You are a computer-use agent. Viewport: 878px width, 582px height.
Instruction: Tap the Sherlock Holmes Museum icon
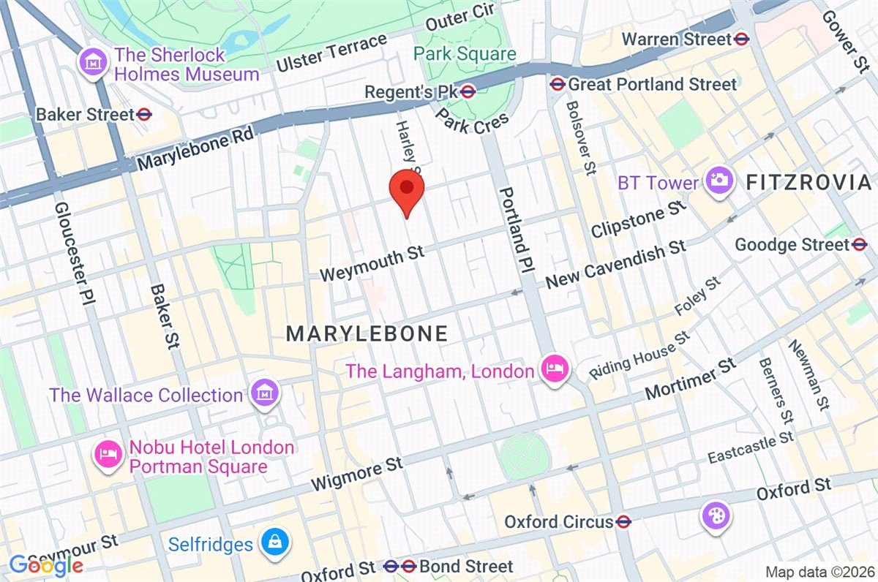(x=93, y=61)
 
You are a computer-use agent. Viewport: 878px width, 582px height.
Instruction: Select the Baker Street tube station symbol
(x=143, y=114)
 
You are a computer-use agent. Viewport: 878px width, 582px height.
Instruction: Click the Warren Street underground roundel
(x=742, y=39)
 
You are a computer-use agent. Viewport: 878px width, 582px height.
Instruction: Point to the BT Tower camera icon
(x=719, y=179)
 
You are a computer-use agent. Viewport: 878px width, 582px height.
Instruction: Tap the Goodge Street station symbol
(x=860, y=244)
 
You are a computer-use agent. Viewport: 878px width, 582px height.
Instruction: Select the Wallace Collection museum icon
(x=263, y=394)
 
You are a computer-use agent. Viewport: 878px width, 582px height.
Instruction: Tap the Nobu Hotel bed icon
(x=108, y=456)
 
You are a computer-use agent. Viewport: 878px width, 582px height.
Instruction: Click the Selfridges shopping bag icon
(x=277, y=543)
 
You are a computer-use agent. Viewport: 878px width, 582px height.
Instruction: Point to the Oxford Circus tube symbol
(x=623, y=522)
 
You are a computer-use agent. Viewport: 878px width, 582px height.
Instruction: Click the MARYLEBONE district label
(x=366, y=334)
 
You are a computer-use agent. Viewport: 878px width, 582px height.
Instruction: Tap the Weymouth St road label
(x=372, y=263)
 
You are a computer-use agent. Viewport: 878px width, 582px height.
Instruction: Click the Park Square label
(x=465, y=53)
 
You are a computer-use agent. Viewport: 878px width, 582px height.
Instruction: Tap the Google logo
(x=45, y=564)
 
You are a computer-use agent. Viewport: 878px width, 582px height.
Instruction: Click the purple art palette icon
(x=715, y=516)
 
